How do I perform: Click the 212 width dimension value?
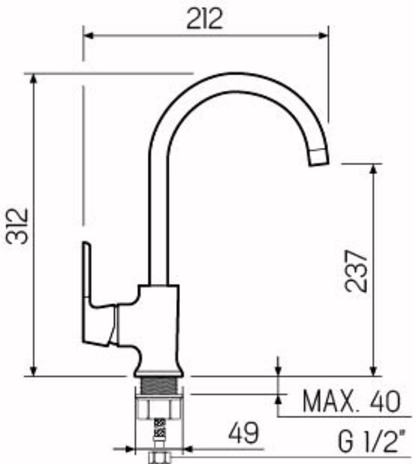(x=204, y=19)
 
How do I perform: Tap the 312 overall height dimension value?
(x=17, y=226)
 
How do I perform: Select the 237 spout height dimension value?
(x=357, y=271)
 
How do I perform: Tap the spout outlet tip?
(x=319, y=163)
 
